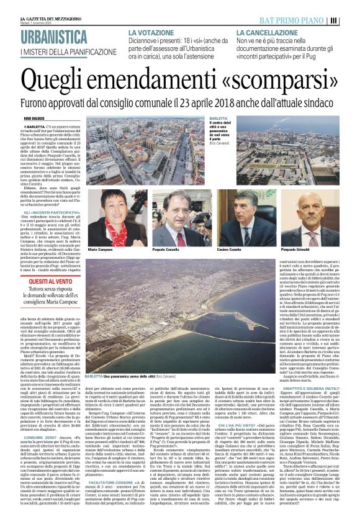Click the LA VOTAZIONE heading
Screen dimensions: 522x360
tap(150, 31)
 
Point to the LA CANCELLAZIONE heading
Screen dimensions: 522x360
tap(264, 31)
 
